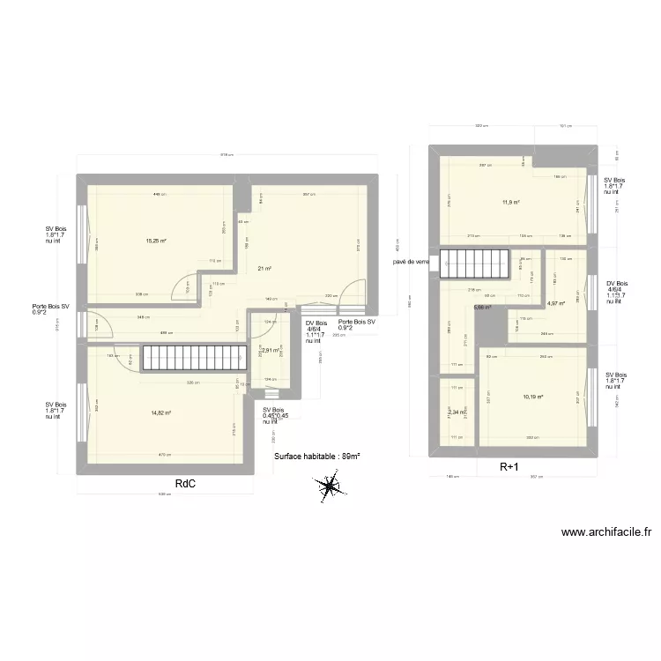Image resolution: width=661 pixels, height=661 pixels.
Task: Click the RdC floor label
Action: (x=185, y=483)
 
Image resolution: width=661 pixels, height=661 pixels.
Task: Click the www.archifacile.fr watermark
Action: (x=606, y=532)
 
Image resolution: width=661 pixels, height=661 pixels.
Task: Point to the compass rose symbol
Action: (x=329, y=484)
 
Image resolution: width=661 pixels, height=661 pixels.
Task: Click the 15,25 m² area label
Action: (x=156, y=241)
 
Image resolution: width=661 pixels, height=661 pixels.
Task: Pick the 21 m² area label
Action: (x=264, y=269)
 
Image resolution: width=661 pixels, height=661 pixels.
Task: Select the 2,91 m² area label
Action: (x=270, y=350)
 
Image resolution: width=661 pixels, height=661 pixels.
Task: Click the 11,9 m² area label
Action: (x=511, y=203)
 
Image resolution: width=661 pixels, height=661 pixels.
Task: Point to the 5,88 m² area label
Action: (x=482, y=308)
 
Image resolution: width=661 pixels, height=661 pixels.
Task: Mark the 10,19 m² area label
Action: (x=533, y=397)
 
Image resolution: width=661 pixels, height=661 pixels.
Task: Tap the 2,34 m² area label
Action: (x=457, y=412)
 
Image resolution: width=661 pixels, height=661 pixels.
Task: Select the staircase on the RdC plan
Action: (x=187, y=358)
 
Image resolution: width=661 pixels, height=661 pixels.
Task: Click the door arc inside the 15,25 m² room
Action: (x=187, y=285)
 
